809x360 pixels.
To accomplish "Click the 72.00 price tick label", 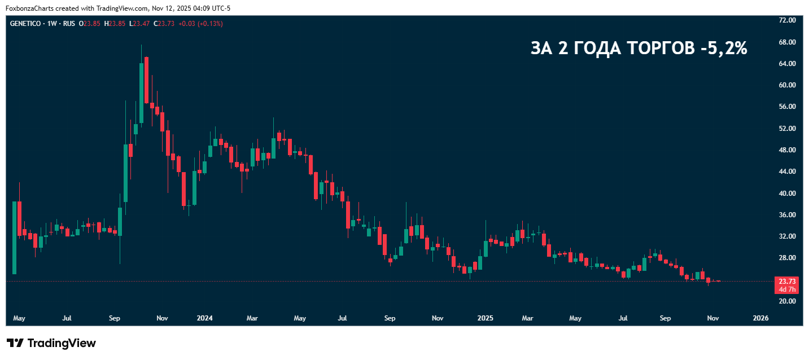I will tap(787, 20).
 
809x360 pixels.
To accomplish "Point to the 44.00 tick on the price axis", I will tap(787, 172).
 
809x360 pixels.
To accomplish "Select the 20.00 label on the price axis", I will tap(787, 301).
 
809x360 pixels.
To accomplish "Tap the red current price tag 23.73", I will tap(787, 281).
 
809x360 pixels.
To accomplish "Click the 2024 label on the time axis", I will tap(204, 318).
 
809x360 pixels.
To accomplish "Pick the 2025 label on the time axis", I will tap(485, 318).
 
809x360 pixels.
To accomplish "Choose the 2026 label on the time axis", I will tap(761, 318).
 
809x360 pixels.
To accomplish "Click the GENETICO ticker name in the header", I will tap(25, 24).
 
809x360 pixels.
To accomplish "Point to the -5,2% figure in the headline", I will tap(723, 49).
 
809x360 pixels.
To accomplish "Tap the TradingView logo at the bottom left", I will tap(51, 343).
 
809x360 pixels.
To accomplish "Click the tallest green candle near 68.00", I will tap(141, 93).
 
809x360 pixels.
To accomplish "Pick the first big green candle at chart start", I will tap(15, 238).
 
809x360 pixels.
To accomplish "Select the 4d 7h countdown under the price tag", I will tap(787, 289).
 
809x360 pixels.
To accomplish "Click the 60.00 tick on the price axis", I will tap(787, 85).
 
